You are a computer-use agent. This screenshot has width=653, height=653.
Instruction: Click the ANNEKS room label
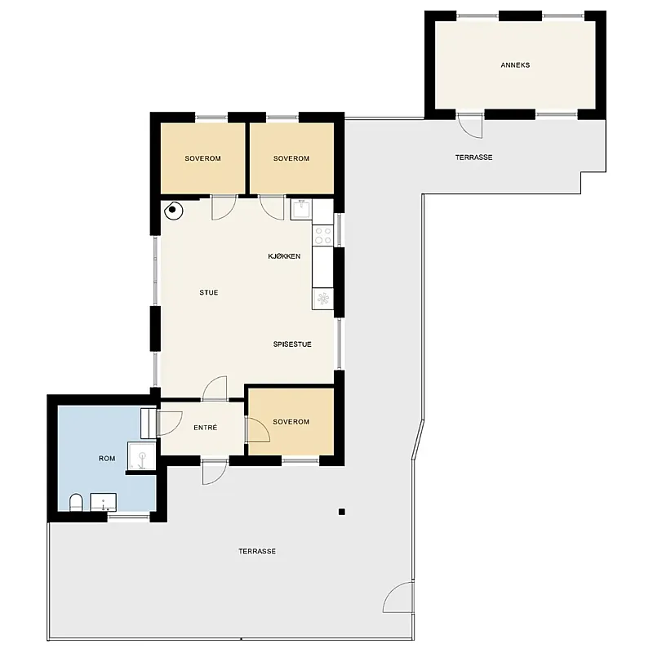(x=515, y=65)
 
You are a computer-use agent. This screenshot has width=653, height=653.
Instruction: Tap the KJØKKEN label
(x=284, y=256)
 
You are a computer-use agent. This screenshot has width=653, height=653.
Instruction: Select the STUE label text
(x=209, y=292)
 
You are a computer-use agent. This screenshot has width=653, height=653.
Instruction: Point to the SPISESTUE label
(x=292, y=344)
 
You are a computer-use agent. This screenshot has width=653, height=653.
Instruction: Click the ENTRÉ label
(x=206, y=427)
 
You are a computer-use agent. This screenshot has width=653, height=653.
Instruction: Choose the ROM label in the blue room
(x=107, y=459)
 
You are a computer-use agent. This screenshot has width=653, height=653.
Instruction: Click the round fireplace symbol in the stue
(x=174, y=211)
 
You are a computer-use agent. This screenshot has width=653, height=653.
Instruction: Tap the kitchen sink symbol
(x=301, y=209)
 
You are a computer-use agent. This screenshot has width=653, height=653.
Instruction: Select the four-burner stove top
(x=323, y=235)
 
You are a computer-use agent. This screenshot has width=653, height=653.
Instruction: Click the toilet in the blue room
(x=76, y=502)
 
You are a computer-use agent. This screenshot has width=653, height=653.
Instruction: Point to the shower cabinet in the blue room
(x=141, y=456)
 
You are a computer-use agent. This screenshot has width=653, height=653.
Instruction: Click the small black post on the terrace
(x=341, y=512)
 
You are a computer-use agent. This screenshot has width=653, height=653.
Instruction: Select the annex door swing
(x=470, y=126)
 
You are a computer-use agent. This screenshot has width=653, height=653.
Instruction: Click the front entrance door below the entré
(x=215, y=473)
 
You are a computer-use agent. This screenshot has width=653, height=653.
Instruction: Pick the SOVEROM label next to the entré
(x=291, y=421)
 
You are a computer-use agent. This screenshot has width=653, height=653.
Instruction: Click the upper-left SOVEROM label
(x=202, y=158)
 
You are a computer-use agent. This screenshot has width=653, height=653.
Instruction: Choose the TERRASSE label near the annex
(x=473, y=158)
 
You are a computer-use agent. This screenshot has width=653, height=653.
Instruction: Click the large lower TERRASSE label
(x=257, y=551)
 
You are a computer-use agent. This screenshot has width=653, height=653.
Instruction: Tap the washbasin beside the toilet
(x=104, y=502)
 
